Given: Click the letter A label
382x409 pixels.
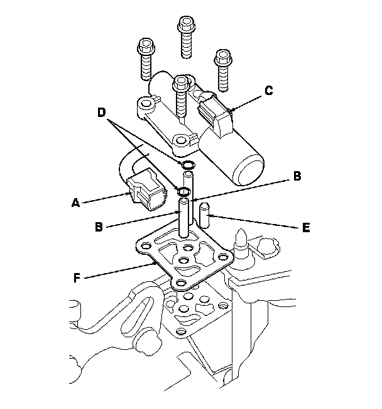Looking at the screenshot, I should (75, 203).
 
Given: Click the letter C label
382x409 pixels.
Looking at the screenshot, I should (268, 90).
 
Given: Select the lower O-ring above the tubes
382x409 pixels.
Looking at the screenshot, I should (184, 191).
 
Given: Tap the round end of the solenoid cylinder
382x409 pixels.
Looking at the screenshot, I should (248, 169).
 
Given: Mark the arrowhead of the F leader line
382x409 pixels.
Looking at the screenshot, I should (157, 266).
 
